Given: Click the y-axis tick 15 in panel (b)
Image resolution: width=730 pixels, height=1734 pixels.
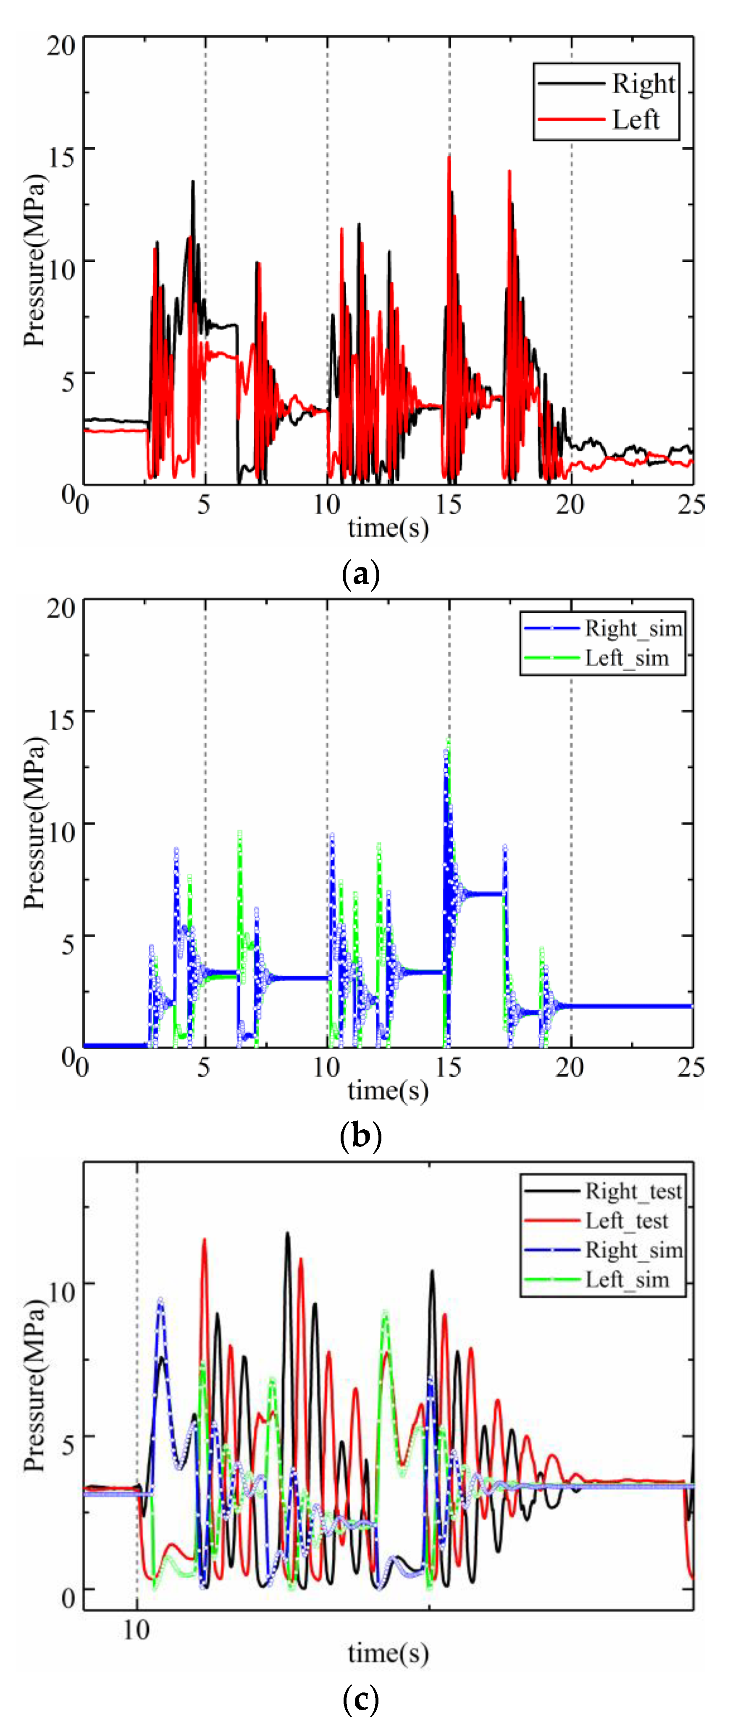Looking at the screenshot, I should click(60, 720).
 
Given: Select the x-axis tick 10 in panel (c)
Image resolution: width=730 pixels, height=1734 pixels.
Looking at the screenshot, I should click(136, 1630).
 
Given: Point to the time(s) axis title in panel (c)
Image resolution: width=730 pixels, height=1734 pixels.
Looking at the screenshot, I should click(388, 1653).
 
